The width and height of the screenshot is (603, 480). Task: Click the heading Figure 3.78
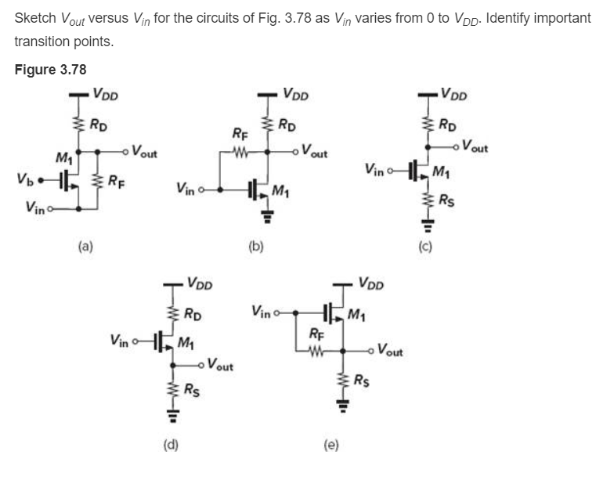tap(50, 70)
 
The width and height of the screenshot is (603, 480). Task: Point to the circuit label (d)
tap(170, 446)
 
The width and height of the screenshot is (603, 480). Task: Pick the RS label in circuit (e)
tap(363, 381)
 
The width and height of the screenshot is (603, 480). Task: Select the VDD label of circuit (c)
tap(458, 96)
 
